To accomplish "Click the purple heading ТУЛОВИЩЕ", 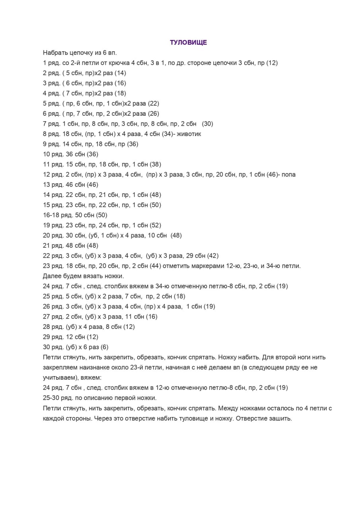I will click(x=189, y=43).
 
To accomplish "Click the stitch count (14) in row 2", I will click(x=120, y=73).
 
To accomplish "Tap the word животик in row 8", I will click(x=190, y=134).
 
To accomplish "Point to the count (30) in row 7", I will click(x=208, y=124).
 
